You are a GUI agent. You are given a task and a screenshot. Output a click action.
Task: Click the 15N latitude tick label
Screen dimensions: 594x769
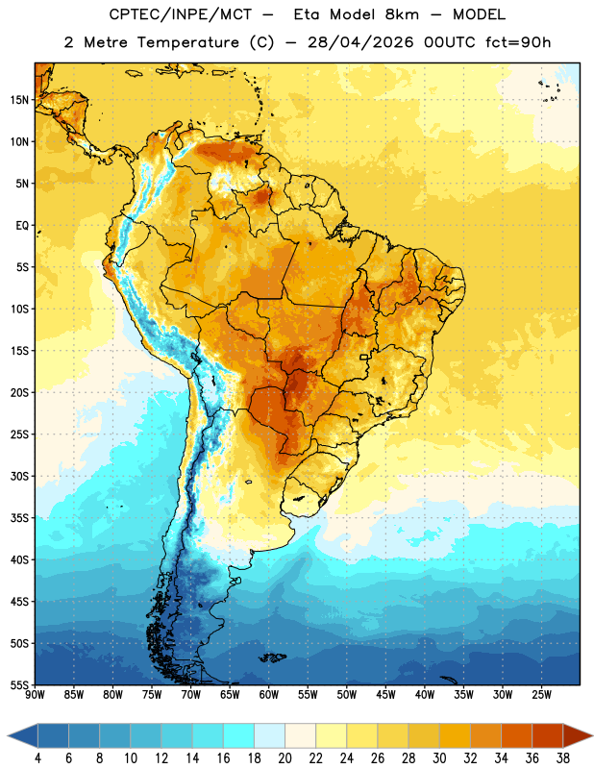pyautogui.click(x=19, y=100)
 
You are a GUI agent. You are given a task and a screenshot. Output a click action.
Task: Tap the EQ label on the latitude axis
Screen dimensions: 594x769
pyautogui.click(x=22, y=226)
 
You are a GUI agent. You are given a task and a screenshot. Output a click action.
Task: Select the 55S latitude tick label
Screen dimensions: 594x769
pyautogui.click(x=19, y=684)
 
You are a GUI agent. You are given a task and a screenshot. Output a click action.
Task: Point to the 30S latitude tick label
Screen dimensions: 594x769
pyautogui.click(x=19, y=476)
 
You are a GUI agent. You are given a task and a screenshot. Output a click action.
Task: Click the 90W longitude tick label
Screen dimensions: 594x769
pyautogui.click(x=35, y=695)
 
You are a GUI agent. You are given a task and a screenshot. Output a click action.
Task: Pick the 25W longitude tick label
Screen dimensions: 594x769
pyautogui.click(x=541, y=695)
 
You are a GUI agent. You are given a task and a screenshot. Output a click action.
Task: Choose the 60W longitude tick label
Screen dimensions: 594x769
pyautogui.click(x=269, y=695)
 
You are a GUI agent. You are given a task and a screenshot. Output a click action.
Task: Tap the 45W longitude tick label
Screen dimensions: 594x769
pyautogui.click(x=385, y=695)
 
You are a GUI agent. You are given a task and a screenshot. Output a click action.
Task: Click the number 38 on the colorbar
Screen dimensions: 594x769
pyautogui.click(x=563, y=758)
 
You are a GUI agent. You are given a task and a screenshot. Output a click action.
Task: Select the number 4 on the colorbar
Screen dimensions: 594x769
pyautogui.click(x=37, y=758)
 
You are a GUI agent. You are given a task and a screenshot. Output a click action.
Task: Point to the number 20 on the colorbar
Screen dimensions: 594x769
pyautogui.click(x=285, y=758)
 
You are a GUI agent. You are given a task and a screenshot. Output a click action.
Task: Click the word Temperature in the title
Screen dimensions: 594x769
pyautogui.click(x=187, y=42)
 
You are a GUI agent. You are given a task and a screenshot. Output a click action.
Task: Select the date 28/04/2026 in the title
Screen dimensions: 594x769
pyautogui.click(x=360, y=42)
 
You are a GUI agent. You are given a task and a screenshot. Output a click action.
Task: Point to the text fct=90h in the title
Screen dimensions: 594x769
pyautogui.click(x=518, y=42)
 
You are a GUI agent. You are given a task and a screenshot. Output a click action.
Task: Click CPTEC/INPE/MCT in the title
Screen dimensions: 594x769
pyautogui.click(x=181, y=14)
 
